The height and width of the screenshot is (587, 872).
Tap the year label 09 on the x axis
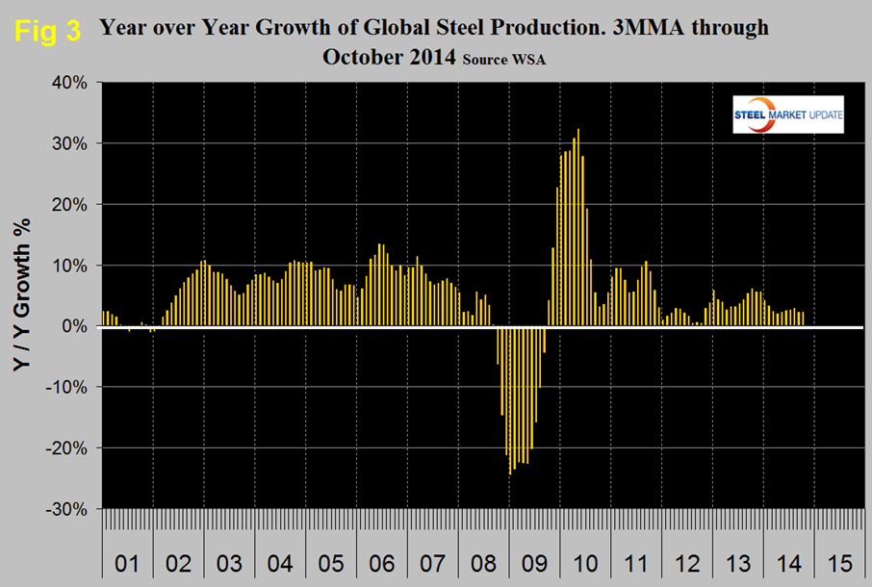533,559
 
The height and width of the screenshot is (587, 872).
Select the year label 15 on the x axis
839,559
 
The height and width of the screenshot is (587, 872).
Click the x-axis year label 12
686,559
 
